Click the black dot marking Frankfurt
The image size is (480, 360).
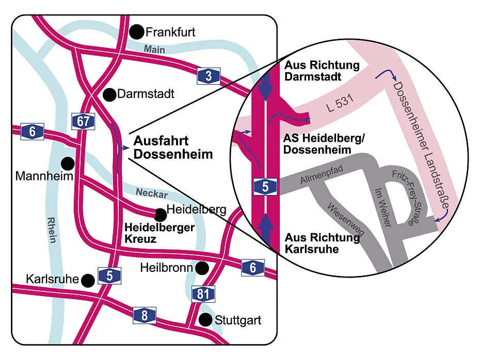pyautogui.click(x=137, y=32)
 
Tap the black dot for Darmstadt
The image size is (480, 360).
pyautogui.click(x=109, y=94)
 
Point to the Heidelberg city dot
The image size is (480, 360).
pyautogui.click(x=160, y=212)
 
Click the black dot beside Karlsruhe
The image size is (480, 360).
pyautogui.click(x=88, y=280)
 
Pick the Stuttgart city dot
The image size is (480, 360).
pyautogui.click(x=206, y=320)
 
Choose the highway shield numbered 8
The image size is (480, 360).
pyautogui.click(x=145, y=315)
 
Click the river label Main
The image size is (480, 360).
pyautogui.click(x=154, y=51)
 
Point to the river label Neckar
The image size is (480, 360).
pyautogui.click(x=152, y=193)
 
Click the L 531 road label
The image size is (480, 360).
pyautogui.click(x=339, y=106)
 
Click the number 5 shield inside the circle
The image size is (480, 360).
pyautogui.click(x=265, y=187)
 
